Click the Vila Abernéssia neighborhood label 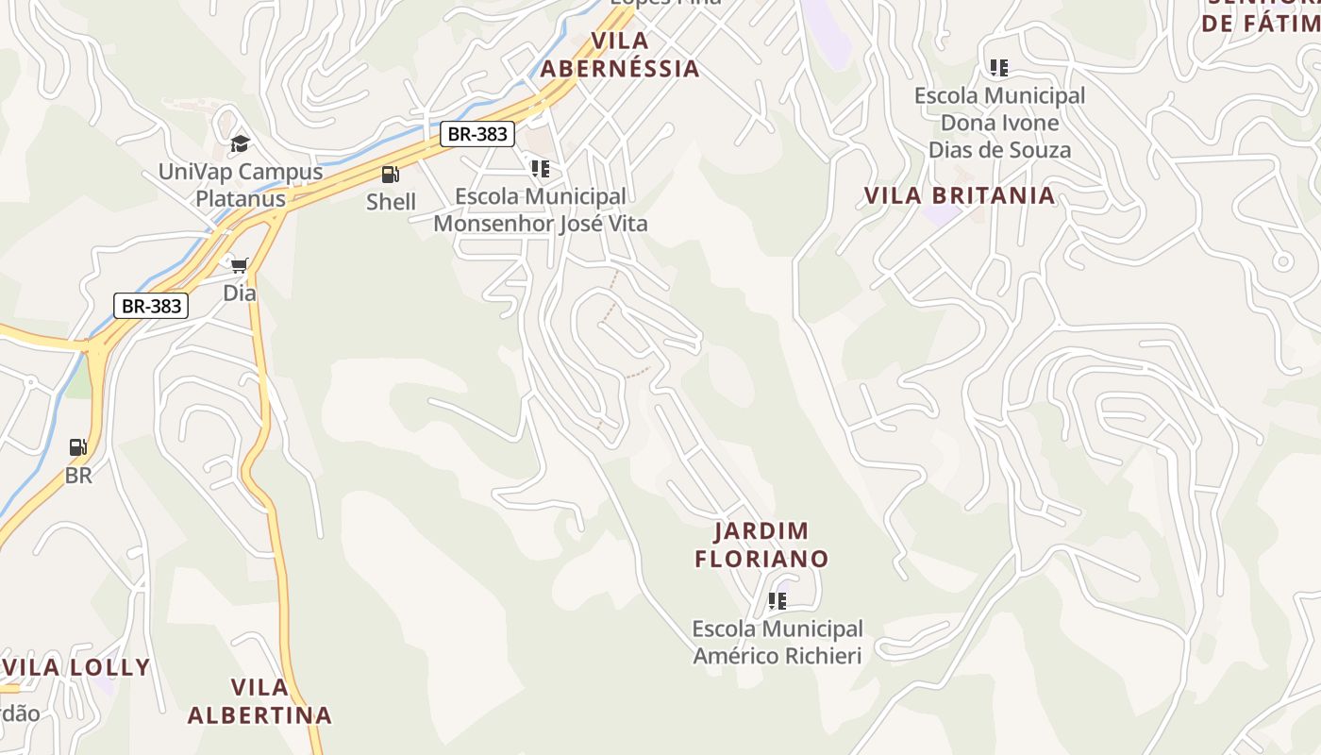pyautogui.click(x=620, y=55)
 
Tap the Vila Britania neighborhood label pyautogui.click(x=960, y=195)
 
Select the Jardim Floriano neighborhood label pyautogui.click(x=761, y=545)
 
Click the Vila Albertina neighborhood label pyautogui.click(x=259, y=700)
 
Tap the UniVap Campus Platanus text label pyautogui.click(x=240, y=185)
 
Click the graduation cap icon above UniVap pyautogui.click(x=240, y=143)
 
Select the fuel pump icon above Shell pyautogui.click(x=390, y=174)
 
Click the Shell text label pyautogui.click(x=391, y=202)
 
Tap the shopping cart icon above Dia pyautogui.click(x=240, y=265)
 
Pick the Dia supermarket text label pyautogui.click(x=240, y=294)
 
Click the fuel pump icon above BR pyautogui.click(x=78, y=447)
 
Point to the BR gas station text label pyautogui.click(x=78, y=476)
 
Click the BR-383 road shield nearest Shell pyautogui.click(x=477, y=134)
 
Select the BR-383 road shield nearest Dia pyautogui.click(x=151, y=306)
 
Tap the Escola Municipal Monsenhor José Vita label pyautogui.click(x=540, y=210)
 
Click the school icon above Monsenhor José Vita pyautogui.click(x=540, y=169)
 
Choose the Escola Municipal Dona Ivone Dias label pyautogui.click(x=999, y=123)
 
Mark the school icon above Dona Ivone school pyautogui.click(x=998, y=68)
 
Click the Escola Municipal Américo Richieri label pyautogui.click(x=778, y=642)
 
